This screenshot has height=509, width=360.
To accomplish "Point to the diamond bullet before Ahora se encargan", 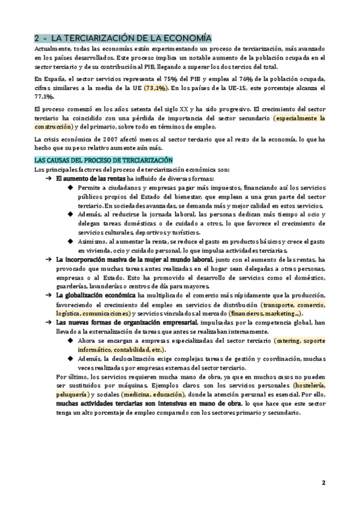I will [x=70, y=340].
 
